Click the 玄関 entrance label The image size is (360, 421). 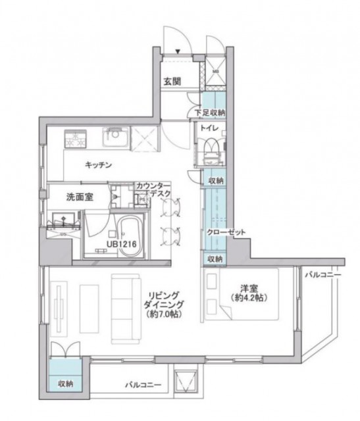pyautogui.click(x=173, y=82)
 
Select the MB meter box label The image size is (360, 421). pyautogui.click(x=215, y=70)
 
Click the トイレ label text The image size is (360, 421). pyautogui.click(x=210, y=129)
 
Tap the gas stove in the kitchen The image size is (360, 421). pyautogui.click(x=74, y=139)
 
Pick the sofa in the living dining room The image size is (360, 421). pyautogui.click(x=124, y=307)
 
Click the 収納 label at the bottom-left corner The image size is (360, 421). pyautogui.click(x=65, y=383)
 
